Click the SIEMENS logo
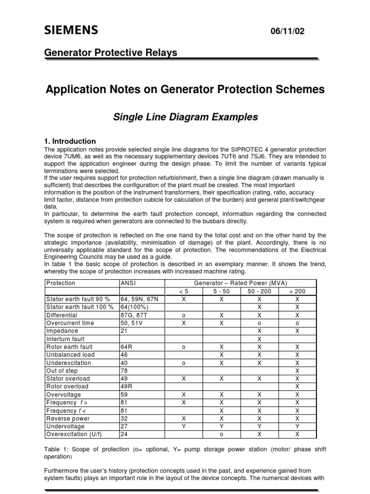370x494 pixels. tap(71, 31)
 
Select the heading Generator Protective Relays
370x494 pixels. tap(111, 53)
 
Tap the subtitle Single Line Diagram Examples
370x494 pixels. tap(185, 117)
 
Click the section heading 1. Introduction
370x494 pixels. tap(70, 141)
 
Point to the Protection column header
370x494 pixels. tap(61, 283)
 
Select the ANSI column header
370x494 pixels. tap(128, 283)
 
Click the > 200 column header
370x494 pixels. tap(297, 291)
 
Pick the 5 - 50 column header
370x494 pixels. tap(222, 291)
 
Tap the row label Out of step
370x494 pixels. tap(63, 371)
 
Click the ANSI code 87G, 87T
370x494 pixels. tap(133, 315)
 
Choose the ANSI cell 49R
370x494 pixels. tap(126, 386)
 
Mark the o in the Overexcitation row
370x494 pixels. tap(222, 434)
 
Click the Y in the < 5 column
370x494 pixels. tap(184, 426)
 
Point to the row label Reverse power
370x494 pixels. tap(67, 419)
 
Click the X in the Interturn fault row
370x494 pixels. tap(259, 339)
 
